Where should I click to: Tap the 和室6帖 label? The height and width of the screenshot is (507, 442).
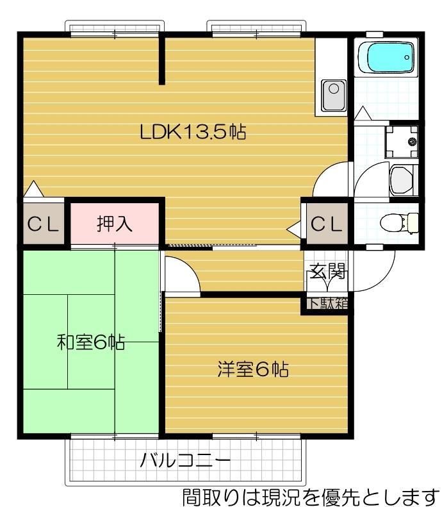(x=90, y=342)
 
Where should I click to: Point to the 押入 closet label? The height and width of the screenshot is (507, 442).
(x=115, y=224)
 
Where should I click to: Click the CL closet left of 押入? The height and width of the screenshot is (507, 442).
(x=42, y=224)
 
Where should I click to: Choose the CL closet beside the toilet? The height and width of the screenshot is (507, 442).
(x=326, y=224)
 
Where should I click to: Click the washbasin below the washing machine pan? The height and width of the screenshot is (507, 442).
(x=402, y=179)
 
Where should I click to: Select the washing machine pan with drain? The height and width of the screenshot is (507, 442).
(x=401, y=140)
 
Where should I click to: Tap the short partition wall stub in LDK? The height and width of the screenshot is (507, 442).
(x=163, y=60)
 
